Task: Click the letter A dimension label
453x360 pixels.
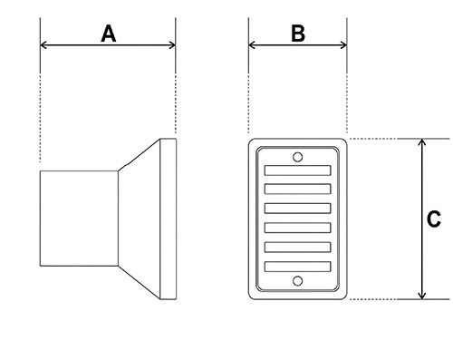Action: pyautogui.click(x=109, y=34)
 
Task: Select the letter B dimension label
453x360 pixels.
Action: pyautogui.click(x=297, y=34)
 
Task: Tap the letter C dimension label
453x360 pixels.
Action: pyautogui.click(x=434, y=219)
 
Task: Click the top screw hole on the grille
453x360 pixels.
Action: pyautogui.click(x=297, y=156)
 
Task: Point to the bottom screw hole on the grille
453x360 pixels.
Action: pyautogui.click(x=297, y=282)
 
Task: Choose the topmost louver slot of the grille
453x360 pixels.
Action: pyautogui.click(x=297, y=170)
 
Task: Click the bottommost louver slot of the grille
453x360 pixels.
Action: pyautogui.click(x=297, y=268)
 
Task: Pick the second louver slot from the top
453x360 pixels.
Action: pyautogui.click(x=297, y=190)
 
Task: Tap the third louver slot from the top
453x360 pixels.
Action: pyautogui.click(x=297, y=209)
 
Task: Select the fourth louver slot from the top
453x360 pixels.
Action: pyautogui.click(x=297, y=229)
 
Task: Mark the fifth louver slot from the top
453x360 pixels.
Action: pyautogui.click(x=297, y=248)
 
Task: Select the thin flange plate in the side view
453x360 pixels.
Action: pyautogui.click(x=167, y=219)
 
